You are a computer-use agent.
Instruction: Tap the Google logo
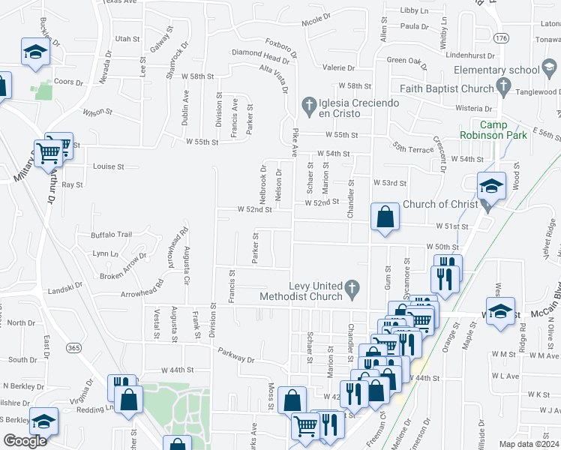25,441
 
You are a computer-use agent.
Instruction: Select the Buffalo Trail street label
111,235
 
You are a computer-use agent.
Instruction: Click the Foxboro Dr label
280,48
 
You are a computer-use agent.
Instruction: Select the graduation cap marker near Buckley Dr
34,52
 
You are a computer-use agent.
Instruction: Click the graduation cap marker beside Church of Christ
491,186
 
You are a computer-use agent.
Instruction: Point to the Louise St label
108,166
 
